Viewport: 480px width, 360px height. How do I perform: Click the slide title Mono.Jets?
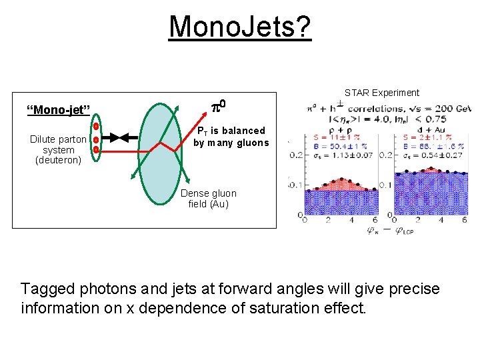coord(239,27)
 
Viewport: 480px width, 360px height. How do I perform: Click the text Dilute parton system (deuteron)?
coord(58,149)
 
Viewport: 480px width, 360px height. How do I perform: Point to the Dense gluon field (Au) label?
coord(208,199)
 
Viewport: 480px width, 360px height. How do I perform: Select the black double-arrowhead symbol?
coord(118,138)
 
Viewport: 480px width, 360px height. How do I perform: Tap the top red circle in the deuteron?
coord(95,126)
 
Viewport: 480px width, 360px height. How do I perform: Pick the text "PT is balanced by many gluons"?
coord(231,137)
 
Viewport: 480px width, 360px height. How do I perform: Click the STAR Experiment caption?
coord(381,93)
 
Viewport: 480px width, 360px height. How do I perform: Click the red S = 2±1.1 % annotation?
coord(428,138)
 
